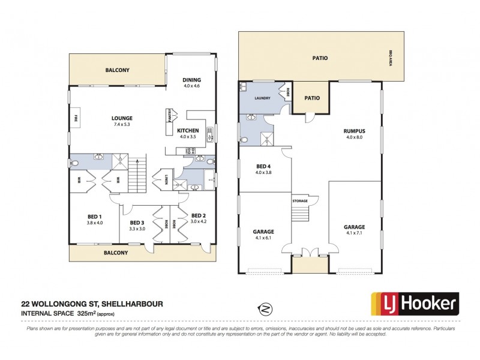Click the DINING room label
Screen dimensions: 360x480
click(192, 80)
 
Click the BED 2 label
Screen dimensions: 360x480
click(199, 215)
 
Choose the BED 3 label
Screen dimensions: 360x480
click(137, 222)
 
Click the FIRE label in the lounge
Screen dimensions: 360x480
click(77, 118)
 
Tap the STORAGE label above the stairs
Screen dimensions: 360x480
click(300, 200)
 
